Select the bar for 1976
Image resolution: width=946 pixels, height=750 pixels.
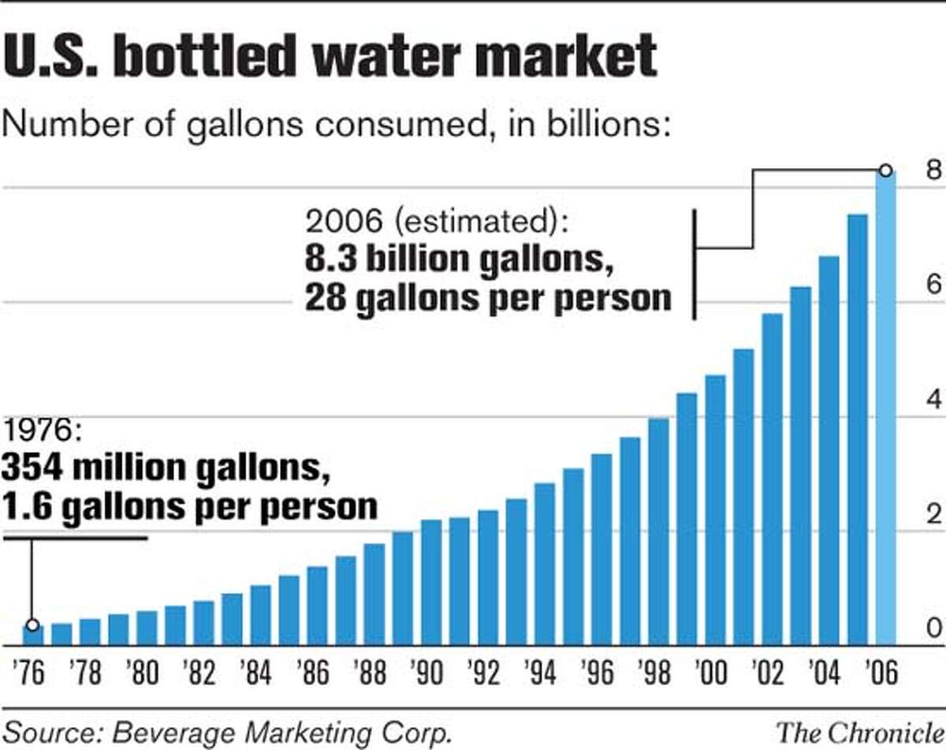[x=33, y=635]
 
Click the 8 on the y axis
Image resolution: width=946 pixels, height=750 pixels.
[x=933, y=171]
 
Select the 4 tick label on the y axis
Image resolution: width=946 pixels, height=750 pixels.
[x=933, y=401]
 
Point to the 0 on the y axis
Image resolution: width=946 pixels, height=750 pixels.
[x=933, y=628]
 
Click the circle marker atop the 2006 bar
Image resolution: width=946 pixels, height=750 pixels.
[x=885, y=170]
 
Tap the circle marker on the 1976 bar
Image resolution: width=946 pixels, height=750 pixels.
[x=32, y=625]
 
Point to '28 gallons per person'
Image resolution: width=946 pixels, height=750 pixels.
[x=488, y=299]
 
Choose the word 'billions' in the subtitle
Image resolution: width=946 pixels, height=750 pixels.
[x=601, y=126]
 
